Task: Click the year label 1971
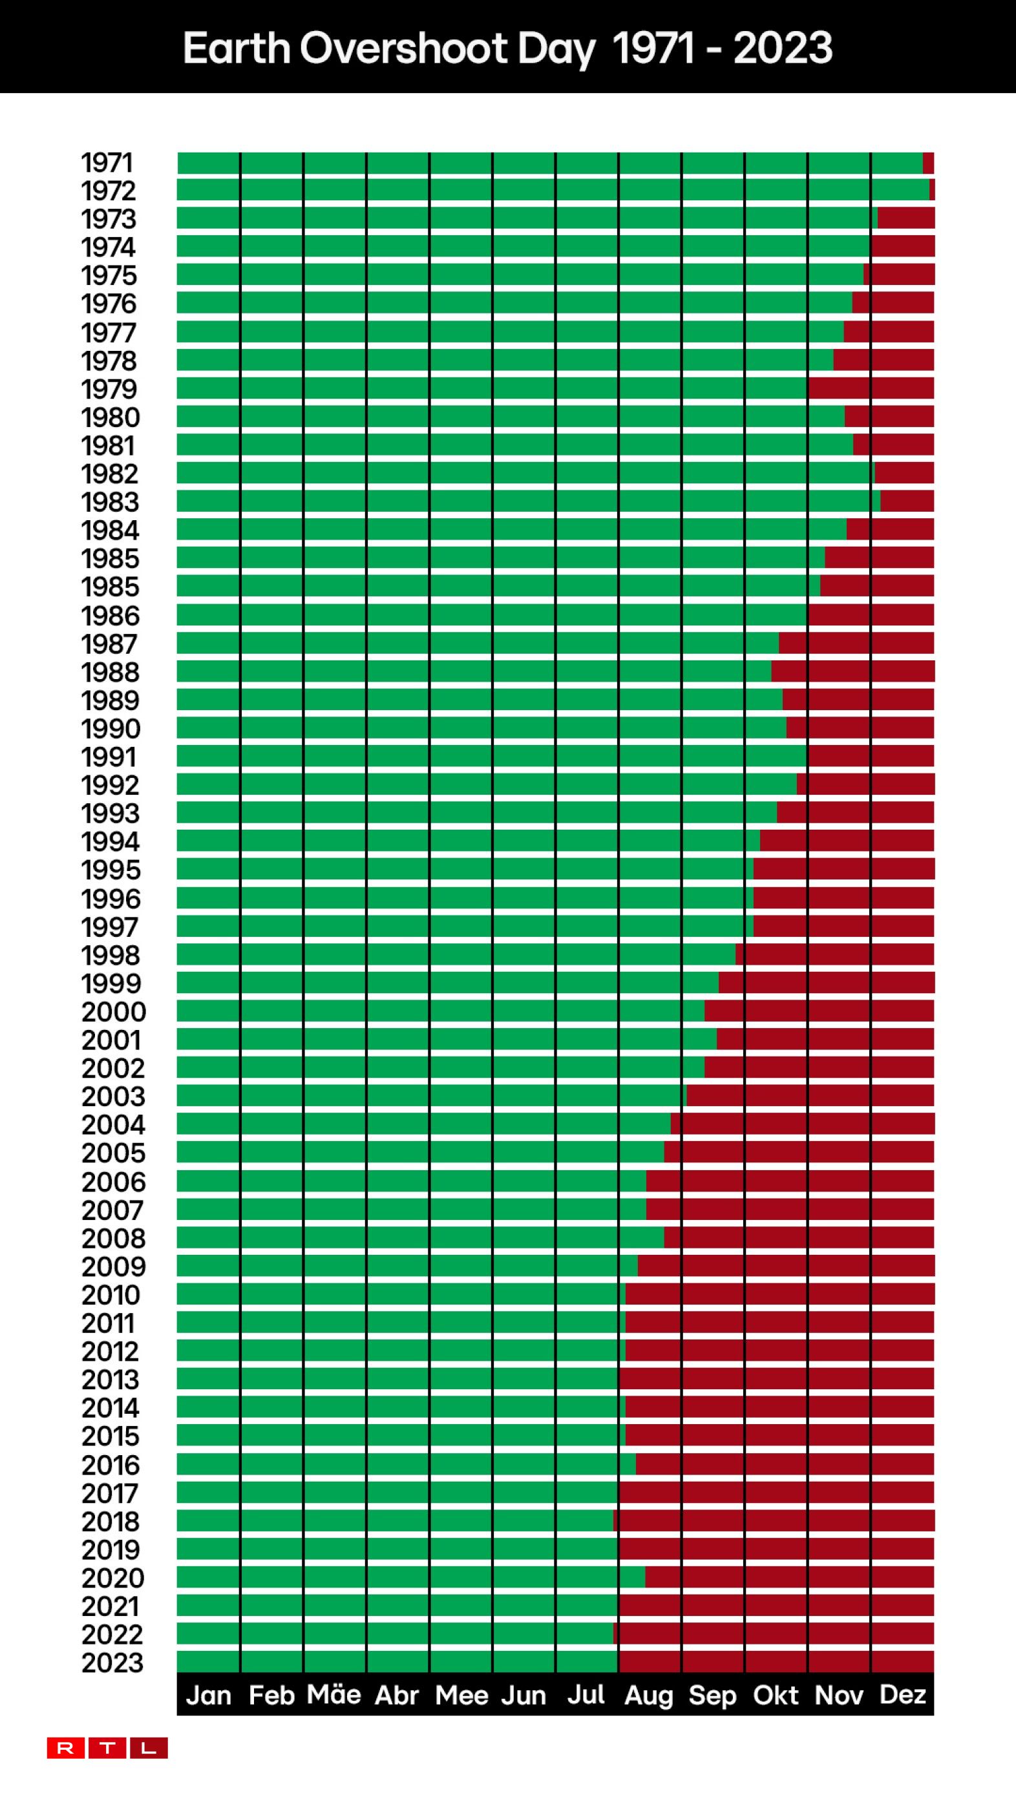[107, 163]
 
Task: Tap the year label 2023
[112, 1663]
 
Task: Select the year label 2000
[114, 1012]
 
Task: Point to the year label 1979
[109, 389]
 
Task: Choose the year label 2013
[111, 1379]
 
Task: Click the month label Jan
[208, 1696]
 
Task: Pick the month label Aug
[649, 1696]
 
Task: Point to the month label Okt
[776, 1696]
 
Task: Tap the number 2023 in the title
[783, 48]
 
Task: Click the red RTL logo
[107, 1748]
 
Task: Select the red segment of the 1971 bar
[928, 163]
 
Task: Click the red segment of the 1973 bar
[905, 218]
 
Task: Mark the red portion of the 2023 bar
[776, 1661]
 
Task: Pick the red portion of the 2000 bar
[818, 1011]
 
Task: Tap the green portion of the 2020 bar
[410, 1577]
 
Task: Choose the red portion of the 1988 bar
[852, 671]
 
